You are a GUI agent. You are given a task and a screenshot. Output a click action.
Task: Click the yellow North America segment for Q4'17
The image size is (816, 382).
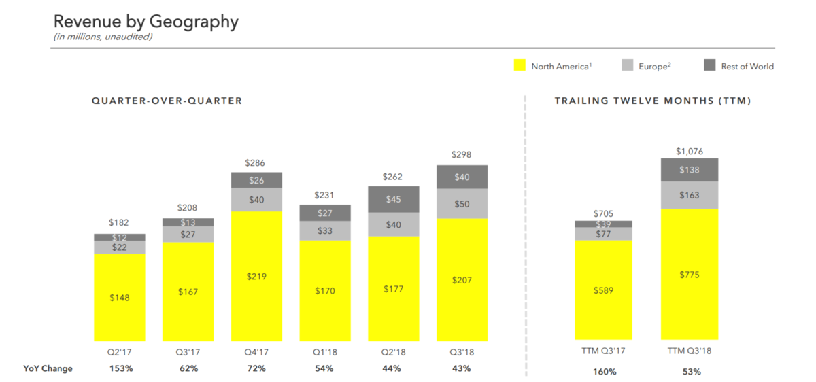(256, 276)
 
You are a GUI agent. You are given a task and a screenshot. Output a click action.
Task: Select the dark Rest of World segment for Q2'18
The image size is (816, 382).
(394, 199)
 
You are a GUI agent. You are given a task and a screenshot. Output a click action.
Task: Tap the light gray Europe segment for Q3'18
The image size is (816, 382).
(462, 204)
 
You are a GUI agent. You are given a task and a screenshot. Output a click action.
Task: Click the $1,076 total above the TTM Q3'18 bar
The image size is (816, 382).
(689, 150)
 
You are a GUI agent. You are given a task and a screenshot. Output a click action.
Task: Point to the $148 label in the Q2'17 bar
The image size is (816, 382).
(119, 297)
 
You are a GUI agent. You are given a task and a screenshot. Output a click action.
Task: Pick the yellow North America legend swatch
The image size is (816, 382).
(520, 66)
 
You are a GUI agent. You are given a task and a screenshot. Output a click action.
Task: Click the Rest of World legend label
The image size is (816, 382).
(748, 66)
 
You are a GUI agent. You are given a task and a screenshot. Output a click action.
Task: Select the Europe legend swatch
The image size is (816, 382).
(628, 66)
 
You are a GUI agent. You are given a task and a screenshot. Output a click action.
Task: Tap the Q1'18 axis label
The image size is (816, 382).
(324, 351)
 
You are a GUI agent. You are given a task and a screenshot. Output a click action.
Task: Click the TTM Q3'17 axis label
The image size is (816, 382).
(604, 351)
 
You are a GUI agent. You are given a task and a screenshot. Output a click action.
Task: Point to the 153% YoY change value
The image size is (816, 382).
(120, 368)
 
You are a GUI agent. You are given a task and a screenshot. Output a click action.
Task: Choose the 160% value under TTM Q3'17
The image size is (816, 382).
(604, 372)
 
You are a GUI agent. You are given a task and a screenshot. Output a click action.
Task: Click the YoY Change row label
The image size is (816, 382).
(48, 368)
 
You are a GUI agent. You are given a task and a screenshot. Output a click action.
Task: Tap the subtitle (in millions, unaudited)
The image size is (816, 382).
(103, 37)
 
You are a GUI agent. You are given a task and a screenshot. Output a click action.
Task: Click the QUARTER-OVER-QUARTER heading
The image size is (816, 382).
(167, 101)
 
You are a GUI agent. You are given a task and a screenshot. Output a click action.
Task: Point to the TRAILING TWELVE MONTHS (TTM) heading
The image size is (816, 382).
(653, 101)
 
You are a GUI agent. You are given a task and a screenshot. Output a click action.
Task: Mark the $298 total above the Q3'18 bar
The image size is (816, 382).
(462, 155)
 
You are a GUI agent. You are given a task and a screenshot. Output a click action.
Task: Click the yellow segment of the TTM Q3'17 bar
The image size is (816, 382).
(604, 290)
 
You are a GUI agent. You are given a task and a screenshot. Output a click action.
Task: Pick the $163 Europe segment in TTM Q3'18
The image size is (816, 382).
(689, 195)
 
